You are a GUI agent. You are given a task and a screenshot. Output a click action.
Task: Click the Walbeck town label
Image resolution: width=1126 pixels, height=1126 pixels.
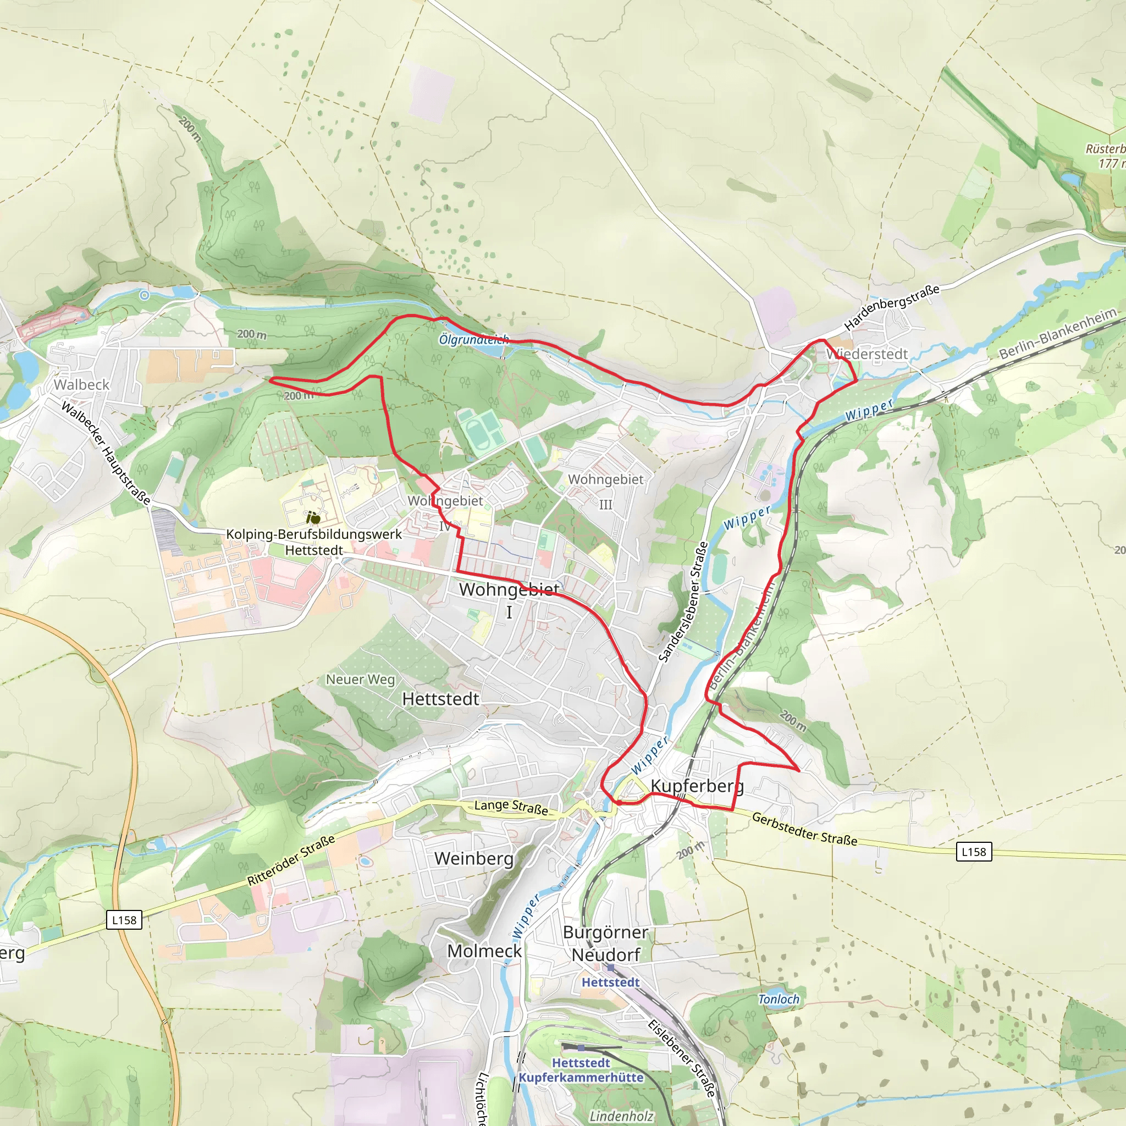(81, 385)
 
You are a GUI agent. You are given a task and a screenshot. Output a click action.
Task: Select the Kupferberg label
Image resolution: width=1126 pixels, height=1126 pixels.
(697, 786)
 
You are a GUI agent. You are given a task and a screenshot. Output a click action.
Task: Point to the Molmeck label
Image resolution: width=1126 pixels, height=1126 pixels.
(484, 951)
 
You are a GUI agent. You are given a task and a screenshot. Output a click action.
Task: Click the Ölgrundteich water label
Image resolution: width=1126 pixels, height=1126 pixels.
(474, 339)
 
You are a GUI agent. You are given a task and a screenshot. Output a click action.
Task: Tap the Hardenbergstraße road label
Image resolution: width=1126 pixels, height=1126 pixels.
(892, 307)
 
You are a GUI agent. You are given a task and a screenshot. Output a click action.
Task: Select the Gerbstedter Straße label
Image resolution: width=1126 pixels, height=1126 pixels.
(804, 829)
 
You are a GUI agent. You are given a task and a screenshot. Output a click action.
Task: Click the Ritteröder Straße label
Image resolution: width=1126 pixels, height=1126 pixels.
(291, 860)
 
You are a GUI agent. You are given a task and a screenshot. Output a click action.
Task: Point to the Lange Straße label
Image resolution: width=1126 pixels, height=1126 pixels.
(511, 807)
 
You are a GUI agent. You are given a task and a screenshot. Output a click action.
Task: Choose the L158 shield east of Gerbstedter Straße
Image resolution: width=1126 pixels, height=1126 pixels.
(974, 852)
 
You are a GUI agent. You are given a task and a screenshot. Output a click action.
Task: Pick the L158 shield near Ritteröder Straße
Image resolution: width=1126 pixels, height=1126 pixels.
(124, 920)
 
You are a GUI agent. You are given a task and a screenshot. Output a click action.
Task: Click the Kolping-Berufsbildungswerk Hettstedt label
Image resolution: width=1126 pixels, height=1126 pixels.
(313, 542)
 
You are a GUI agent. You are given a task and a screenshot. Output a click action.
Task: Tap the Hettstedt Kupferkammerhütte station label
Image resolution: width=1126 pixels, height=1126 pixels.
(581, 1070)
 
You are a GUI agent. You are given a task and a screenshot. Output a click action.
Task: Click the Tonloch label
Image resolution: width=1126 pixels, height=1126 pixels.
(779, 1000)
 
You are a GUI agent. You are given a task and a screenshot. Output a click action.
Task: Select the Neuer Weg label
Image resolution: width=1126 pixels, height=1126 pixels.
(360, 680)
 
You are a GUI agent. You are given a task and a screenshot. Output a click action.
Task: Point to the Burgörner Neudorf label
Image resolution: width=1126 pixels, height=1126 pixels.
(605, 943)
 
